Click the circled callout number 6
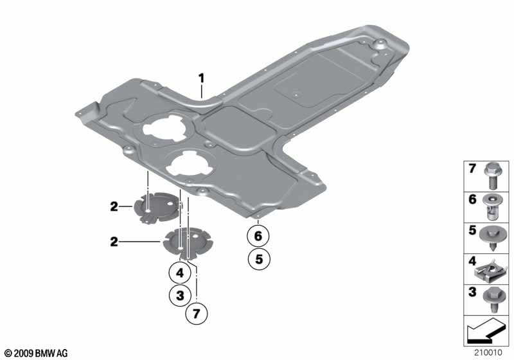point(258,236)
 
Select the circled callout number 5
point(259,259)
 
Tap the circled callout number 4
point(180,273)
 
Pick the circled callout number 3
point(180,296)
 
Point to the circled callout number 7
point(196,314)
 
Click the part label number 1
point(201,78)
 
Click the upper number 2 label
point(114,206)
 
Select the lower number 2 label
point(114,242)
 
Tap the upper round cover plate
point(157,208)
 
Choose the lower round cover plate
point(188,242)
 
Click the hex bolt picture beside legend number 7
point(491,176)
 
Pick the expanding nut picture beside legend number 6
point(491,207)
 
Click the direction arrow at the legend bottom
point(485,330)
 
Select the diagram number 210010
point(488,352)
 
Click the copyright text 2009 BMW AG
point(37,353)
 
